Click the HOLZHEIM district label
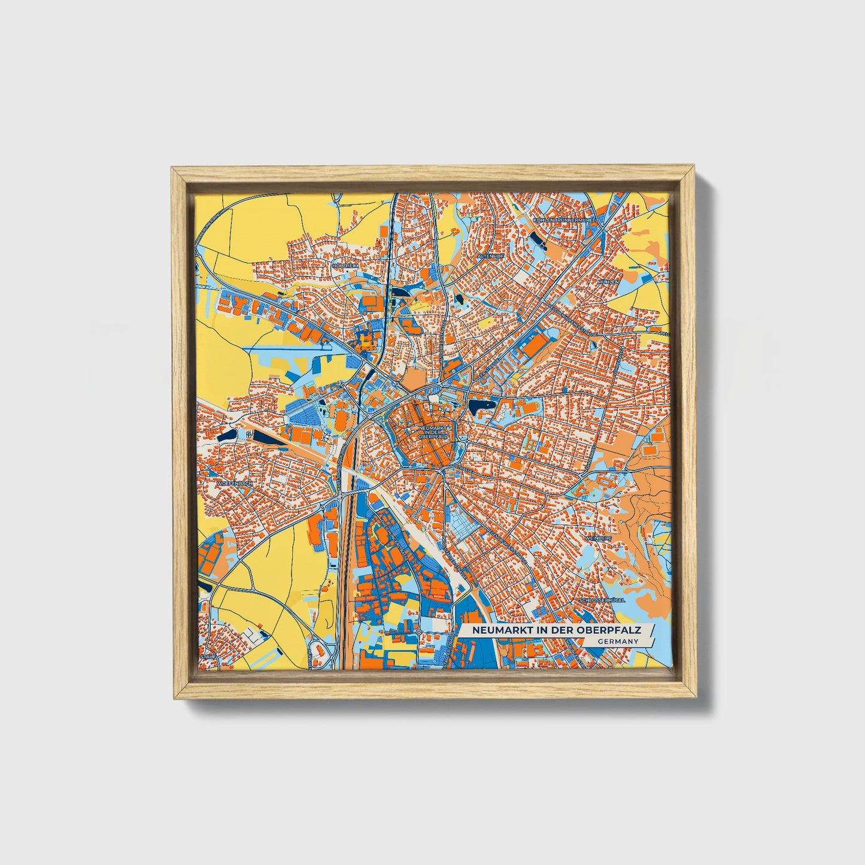pyautogui.click(x=344, y=266)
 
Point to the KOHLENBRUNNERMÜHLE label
pyautogui.click(x=564, y=220)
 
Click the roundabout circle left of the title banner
pyautogui.click(x=419, y=632)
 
